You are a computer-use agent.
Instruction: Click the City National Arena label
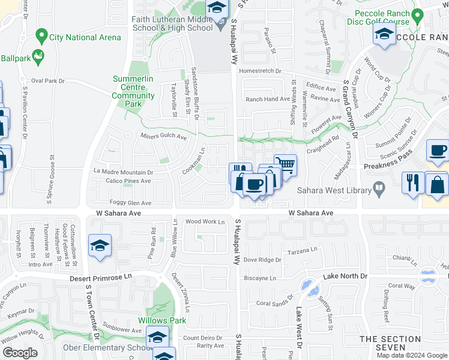coord(85,37)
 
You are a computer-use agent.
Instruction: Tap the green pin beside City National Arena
coord(41,37)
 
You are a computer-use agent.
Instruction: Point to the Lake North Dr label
coord(345,276)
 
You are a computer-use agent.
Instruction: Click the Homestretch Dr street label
coord(260,71)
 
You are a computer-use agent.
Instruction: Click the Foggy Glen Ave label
coord(130,203)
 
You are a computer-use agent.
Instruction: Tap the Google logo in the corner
coord(20,353)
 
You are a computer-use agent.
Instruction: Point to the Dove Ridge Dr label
coord(262,260)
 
